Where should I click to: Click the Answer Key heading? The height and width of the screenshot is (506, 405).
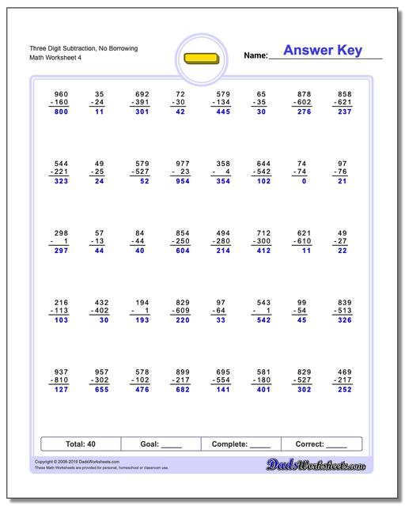[x=322, y=51]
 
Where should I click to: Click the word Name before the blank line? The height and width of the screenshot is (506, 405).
[x=255, y=56]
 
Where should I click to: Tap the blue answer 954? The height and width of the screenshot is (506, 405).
[x=182, y=181]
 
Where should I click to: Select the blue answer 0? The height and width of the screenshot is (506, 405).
[x=304, y=181]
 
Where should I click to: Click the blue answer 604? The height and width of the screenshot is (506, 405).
[x=182, y=251]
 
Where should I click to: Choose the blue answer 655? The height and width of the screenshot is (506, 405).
[x=100, y=389]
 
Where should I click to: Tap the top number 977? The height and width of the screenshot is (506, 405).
[x=182, y=162]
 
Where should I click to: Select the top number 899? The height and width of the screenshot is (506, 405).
[x=182, y=370]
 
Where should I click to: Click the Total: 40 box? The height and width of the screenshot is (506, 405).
[x=81, y=444]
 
